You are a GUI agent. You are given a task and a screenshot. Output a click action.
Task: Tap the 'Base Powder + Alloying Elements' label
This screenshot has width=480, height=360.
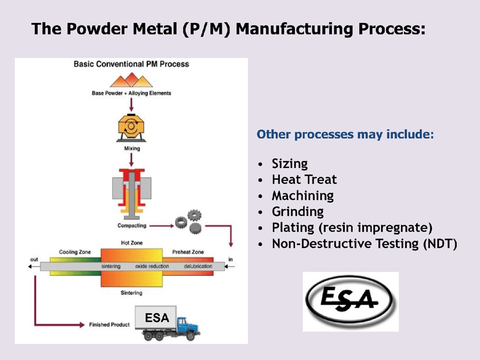pyautogui.click(x=131, y=93)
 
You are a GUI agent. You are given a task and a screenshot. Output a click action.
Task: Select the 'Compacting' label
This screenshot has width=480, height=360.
pyautogui.click(x=132, y=225)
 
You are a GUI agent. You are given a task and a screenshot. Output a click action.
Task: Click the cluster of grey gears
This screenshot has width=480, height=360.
pyautogui.click(x=188, y=222)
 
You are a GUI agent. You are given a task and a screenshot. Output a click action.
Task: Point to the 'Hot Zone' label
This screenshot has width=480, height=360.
pyautogui.click(x=132, y=243)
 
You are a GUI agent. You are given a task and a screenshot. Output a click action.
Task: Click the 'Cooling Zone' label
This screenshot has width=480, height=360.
pyautogui.click(x=75, y=252)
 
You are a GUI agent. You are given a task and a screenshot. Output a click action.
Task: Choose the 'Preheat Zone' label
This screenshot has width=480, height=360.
pyautogui.click(x=188, y=252)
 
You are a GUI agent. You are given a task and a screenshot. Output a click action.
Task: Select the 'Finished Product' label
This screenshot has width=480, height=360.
pyautogui.click(x=109, y=325)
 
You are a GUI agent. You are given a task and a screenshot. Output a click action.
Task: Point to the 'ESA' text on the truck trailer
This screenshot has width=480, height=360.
pyautogui.click(x=157, y=317)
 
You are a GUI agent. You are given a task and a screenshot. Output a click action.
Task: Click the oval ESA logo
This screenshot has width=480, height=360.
pyautogui.click(x=350, y=301)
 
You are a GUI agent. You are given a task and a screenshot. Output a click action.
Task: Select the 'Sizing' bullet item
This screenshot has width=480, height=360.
pyautogui.click(x=289, y=163)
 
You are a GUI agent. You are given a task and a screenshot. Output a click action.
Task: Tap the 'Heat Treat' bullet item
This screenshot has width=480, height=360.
pyautogui.click(x=304, y=180)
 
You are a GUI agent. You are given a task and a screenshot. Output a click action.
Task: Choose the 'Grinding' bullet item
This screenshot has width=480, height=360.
pyautogui.click(x=298, y=211)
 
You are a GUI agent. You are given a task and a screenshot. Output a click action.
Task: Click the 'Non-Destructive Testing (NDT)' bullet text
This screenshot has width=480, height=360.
pyautogui.click(x=364, y=243)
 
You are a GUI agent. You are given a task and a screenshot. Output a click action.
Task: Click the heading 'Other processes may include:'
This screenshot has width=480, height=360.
pyautogui.click(x=345, y=134)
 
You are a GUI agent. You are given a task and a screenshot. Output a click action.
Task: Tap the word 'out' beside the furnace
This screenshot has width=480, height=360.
pyautogui.click(x=34, y=260)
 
